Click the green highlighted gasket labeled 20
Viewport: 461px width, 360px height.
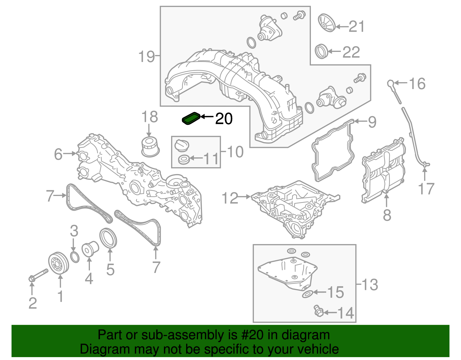(190, 118)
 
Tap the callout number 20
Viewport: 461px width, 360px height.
(224, 118)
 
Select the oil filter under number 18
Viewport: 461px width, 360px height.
(150, 147)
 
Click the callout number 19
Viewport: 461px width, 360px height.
(147, 56)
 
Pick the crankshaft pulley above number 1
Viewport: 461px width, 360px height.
(58, 263)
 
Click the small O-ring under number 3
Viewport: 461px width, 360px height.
(75, 257)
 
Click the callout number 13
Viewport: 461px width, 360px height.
(370, 285)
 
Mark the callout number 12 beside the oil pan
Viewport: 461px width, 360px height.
(230, 198)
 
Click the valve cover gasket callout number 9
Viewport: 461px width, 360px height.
(372, 122)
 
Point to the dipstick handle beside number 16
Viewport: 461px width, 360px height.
(391, 84)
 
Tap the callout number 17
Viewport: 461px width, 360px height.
(426, 189)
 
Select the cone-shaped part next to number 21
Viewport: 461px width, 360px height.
(327, 22)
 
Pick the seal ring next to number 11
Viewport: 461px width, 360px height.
(184, 159)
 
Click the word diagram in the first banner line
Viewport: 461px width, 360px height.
(306, 335)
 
